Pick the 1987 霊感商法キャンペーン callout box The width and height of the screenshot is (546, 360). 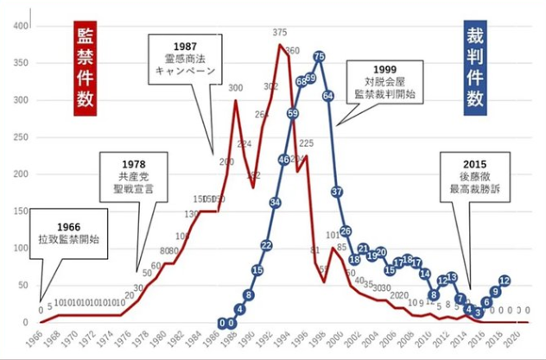[185, 58]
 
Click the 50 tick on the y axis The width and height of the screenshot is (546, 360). [21, 285]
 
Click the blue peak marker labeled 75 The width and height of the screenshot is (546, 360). [319, 56]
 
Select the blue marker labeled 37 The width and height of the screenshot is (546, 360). [337, 191]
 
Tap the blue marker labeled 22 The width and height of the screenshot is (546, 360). [266, 246]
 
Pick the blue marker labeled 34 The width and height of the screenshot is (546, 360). [275, 202]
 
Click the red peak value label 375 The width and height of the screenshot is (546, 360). [280, 33]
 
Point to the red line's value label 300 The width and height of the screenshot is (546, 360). [235, 89]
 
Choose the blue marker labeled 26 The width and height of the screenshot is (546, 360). [346, 231]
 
